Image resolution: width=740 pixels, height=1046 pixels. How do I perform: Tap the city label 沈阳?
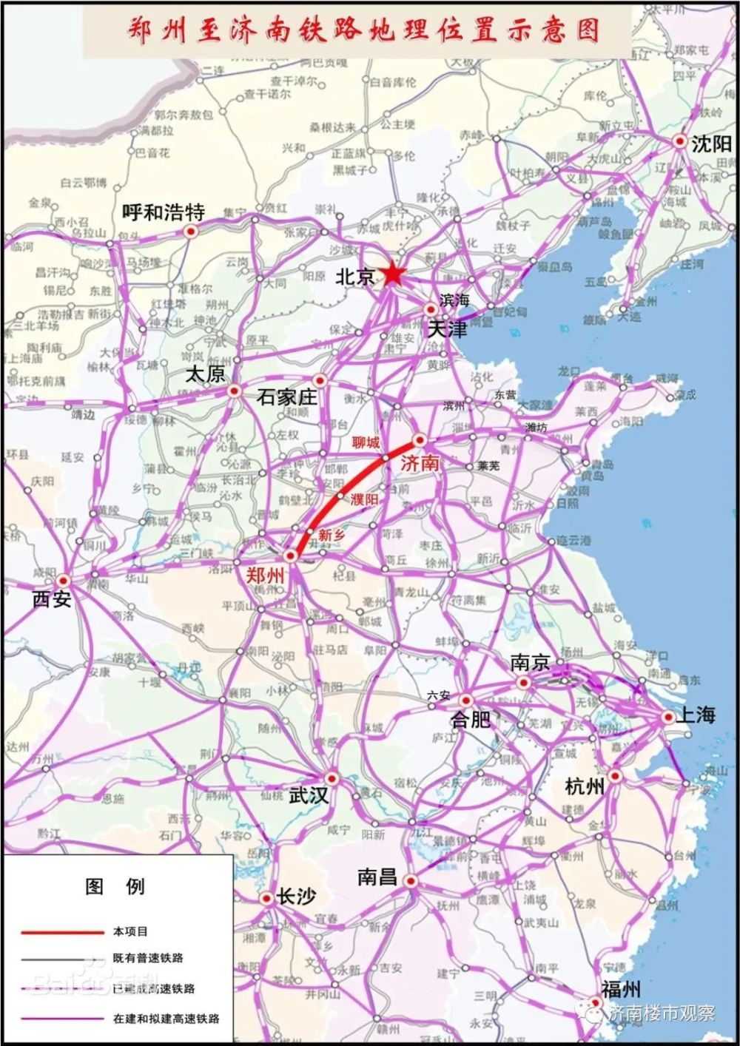(x=710, y=144)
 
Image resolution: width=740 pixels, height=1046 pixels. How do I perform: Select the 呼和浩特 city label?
(x=163, y=213)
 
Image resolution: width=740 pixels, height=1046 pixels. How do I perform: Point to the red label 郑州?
(x=266, y=575)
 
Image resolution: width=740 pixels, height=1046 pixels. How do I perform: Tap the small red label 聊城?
(x=366, y=442)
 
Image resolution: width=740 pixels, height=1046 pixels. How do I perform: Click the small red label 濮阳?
(x=364, y=499)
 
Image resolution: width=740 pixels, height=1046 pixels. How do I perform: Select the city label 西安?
(x=52, y=599)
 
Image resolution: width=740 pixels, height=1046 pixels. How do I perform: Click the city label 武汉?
(x=309, y=795)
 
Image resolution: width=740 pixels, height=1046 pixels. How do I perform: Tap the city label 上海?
(x=696, y=715)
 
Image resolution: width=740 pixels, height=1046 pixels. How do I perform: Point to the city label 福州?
(x=620, y=990)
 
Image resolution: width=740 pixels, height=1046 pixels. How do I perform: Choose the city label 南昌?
(x=377, y=877)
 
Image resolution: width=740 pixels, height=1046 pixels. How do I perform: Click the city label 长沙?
(x=296, y=897)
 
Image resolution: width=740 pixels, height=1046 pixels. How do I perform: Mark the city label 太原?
(x=205, y=374)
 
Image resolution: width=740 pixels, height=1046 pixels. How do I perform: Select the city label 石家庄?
(x=286, y=397)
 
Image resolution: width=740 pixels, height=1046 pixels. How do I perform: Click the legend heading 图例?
(x=115, y=886)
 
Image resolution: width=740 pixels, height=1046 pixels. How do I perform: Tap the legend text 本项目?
(x=130, y=931)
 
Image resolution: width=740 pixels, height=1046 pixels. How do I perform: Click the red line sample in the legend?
(x=63, y=932)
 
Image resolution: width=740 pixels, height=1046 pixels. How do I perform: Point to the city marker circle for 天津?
(x=431, y=310)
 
